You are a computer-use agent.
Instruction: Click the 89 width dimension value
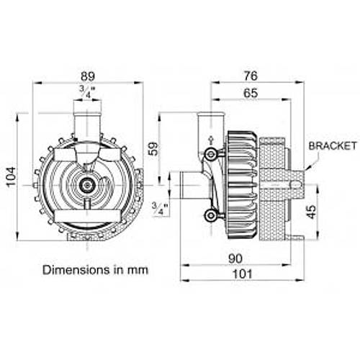88,75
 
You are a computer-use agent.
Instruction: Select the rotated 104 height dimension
10,174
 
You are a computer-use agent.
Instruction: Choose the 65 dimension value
251,92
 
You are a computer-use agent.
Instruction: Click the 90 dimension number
235,257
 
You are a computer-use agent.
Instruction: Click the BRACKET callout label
333,145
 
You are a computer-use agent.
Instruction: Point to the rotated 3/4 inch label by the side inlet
158,209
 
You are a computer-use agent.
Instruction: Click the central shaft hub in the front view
88,185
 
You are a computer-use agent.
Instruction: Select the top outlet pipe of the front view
88,124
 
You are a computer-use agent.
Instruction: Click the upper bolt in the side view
210,154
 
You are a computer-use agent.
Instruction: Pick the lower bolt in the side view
210,216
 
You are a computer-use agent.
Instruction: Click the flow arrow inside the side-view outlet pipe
210,138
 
